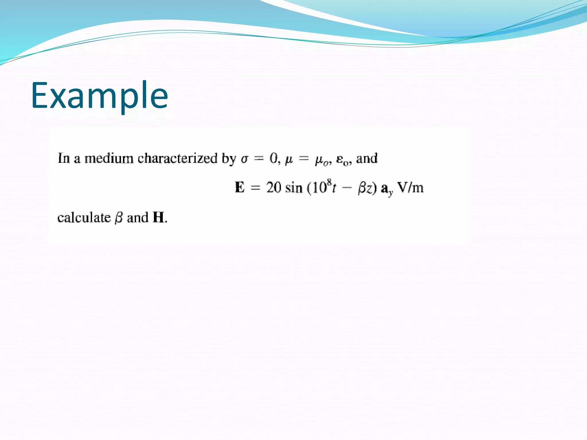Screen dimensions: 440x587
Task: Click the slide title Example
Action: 99,95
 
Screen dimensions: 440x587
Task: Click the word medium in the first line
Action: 109,158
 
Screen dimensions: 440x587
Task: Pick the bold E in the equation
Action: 240,188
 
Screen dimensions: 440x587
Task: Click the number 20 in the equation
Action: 273,188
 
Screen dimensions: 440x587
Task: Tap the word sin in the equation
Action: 294,188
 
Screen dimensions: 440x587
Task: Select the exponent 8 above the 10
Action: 329,182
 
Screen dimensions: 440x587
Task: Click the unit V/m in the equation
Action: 410,188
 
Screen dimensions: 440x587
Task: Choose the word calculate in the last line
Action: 84,218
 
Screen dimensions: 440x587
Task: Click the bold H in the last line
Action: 159,217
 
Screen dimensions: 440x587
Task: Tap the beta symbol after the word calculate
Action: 119,218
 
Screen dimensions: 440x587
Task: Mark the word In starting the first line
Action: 64,158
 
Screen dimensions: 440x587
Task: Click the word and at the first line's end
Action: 367,158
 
